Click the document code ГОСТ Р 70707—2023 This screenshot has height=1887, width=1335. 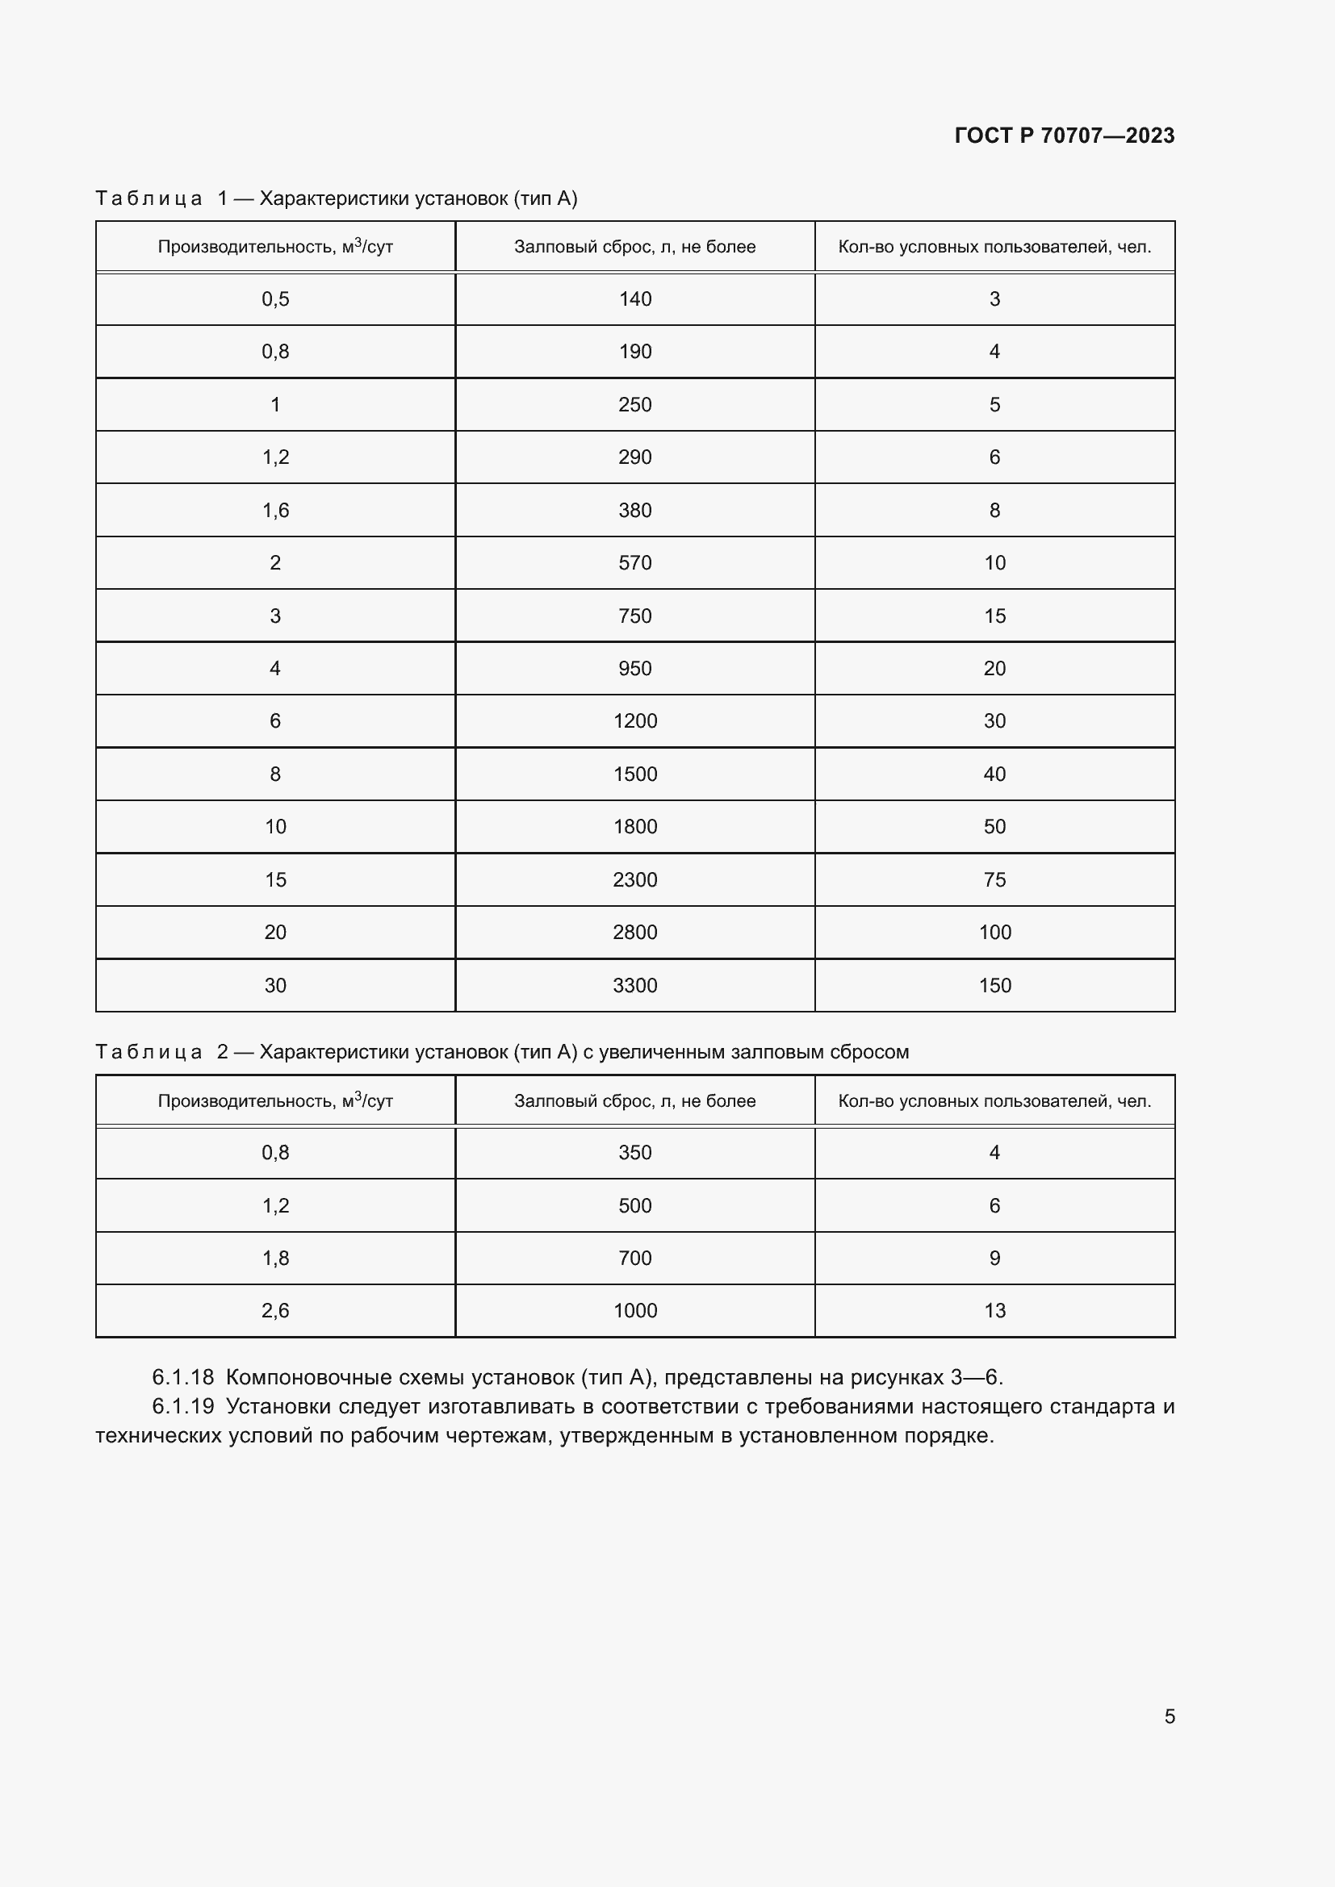tap(1064, 136)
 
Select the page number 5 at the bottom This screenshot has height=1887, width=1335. tap(1169, 1716)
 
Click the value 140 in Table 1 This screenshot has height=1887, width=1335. tap(634, 299)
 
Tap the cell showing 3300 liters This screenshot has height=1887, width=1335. tap(634, 985)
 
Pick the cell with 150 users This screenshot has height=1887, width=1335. tap(994, 985)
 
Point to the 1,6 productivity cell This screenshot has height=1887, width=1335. tap(275, 511)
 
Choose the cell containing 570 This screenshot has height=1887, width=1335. tap(634, 563)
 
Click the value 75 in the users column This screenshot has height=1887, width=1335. tap(994, 880)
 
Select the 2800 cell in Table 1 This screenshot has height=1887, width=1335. tap(634, 933)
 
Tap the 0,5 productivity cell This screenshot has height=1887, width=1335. tap(275, 299)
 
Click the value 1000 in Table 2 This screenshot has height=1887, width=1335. tap(634, 1311)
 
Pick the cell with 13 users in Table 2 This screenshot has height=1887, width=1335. tap(994, 1311)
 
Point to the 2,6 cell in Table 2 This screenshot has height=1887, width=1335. tap(275, 1311)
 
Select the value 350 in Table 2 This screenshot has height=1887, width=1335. tap(634, 1153)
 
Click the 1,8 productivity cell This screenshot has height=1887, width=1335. tap(275, 1259)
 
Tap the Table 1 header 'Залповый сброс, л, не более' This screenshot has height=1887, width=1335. tap(634, 248)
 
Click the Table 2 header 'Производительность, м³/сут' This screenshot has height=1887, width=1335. tap(275, 1101)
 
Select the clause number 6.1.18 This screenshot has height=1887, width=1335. tap(182, 1377)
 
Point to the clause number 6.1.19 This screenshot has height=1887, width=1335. tap(182, 1407)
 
